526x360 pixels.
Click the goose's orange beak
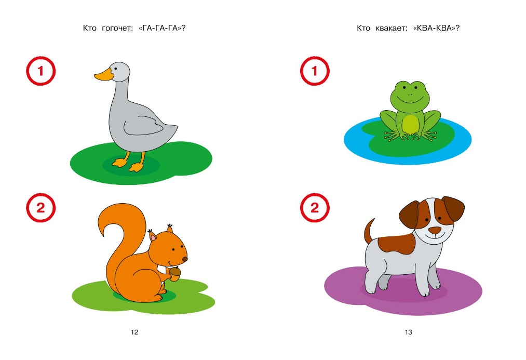pyautogui.click(x=103, y=75)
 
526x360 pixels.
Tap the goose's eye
pyautogui.click(x=116, y=69)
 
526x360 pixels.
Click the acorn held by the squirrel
pyautogui.click(x=175, y=272)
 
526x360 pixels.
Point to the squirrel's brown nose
pyautogui.click(x=185, y=259)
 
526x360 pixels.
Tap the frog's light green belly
pyautogui.click(x=410, y=124)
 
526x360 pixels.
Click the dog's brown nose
pyautogui.click(x=436, y=230)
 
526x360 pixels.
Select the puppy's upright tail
pyautogui.click(x=369, y=231)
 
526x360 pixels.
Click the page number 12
pyautogui.click(x=134, y=332)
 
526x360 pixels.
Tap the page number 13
pyautogui.click(x=408, y=332)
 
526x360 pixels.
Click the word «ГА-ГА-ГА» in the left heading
pyautogui.click(x=162, y=28)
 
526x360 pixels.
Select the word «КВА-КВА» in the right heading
pyautogui.click(x=436, y=28)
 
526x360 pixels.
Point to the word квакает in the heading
pyautogui.click(x=392, y=29)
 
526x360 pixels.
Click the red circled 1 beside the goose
pyautogui.click(x=41, y=71)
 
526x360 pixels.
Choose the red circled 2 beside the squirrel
pyautogui.click(x=41, y=208)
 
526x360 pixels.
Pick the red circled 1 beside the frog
pyautogui.click(x=315, y=71)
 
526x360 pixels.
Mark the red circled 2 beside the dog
pyautogui.click(x=315, y=208)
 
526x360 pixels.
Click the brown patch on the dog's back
pyautogui.click(x=396, y=243)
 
